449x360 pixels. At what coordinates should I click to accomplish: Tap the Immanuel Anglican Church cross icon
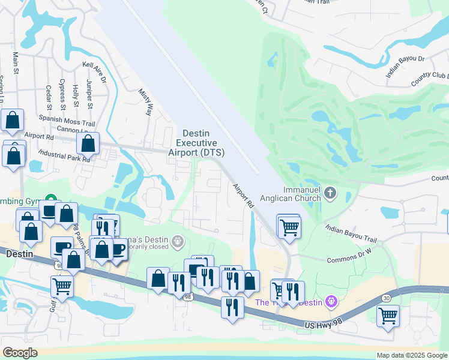click(x=330, y=194)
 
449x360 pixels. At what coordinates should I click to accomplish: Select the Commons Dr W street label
click(x=350, y=260)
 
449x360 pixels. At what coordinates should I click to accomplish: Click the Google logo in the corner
click(x=20, y=353)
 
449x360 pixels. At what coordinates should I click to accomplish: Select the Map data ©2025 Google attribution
click(x=411, y=355)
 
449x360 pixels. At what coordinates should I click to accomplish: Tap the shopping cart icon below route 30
click(x=388, y=314)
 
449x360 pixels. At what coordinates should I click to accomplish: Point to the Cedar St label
click(x=49, y=97)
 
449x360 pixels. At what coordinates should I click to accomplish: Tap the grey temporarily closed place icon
click(x=177, y=242)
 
